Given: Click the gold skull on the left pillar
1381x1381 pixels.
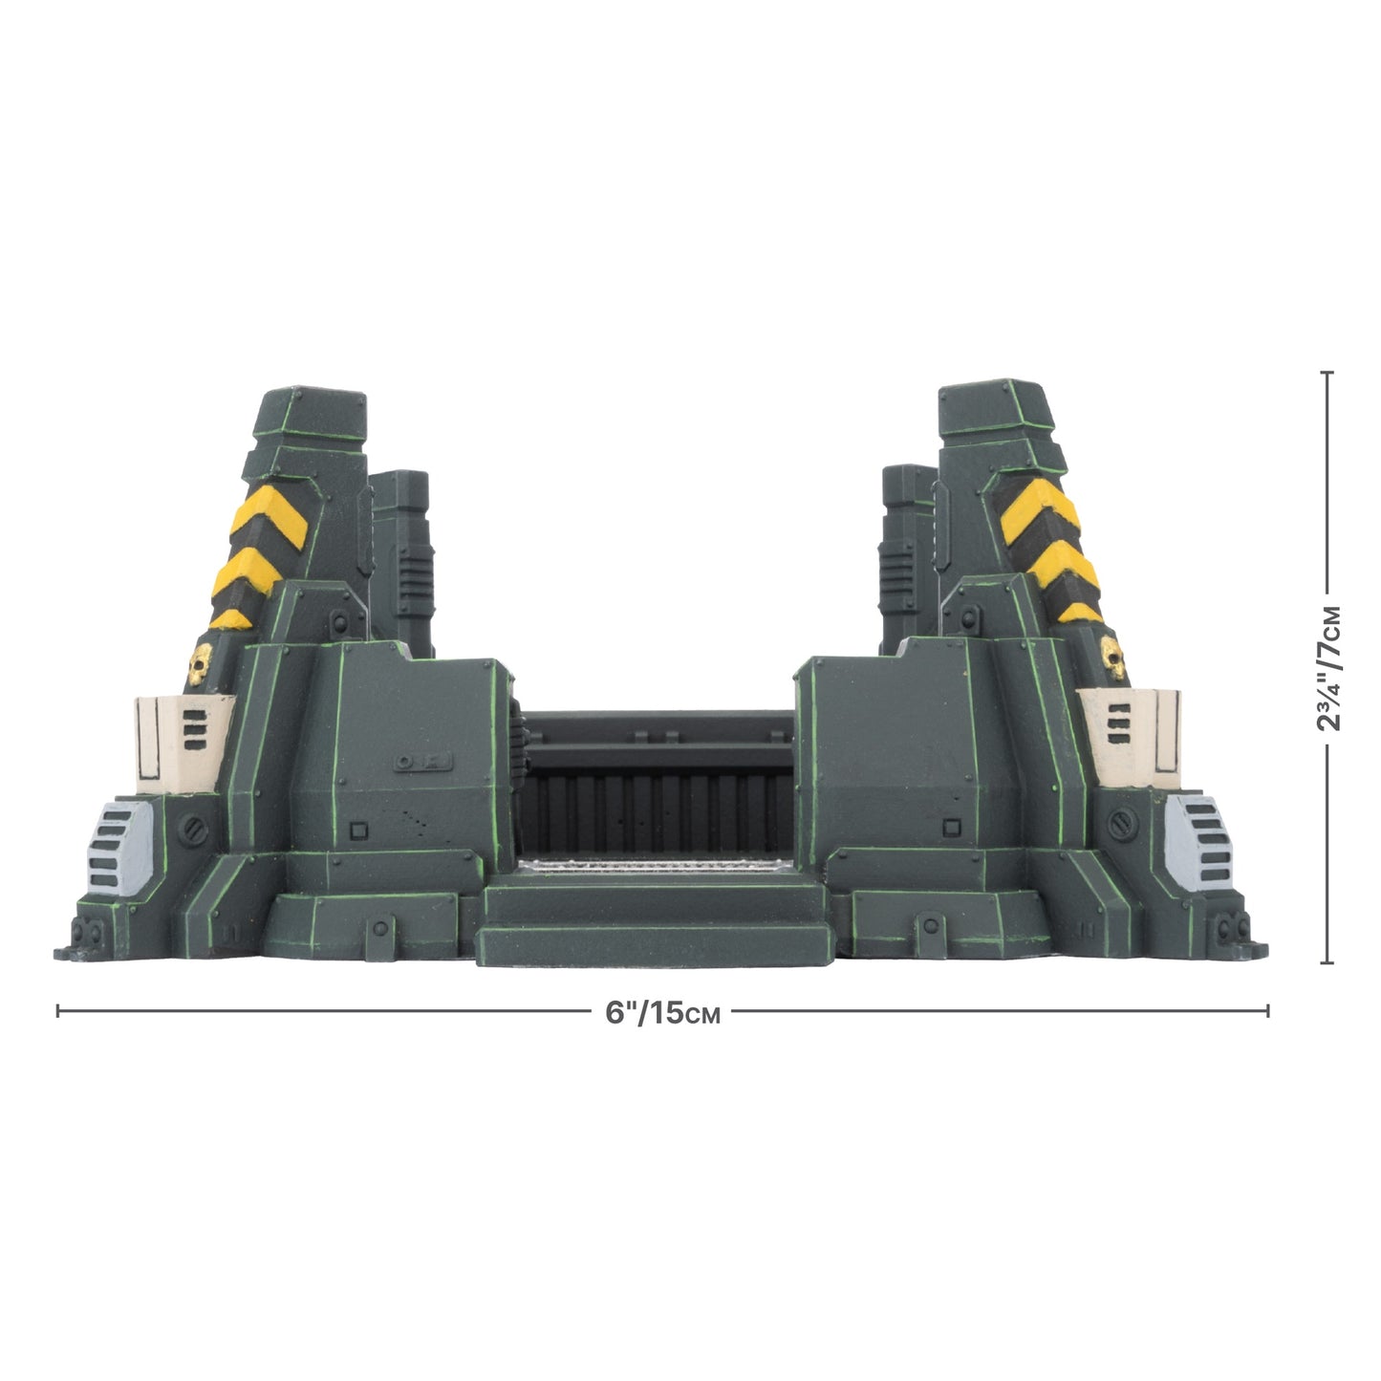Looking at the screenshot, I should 201,659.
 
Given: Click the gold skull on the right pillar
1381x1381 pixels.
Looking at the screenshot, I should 1113,655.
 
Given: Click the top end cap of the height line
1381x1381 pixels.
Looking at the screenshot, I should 1326,372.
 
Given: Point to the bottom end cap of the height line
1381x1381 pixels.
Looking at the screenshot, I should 1326,962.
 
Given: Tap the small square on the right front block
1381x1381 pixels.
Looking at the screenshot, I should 950,828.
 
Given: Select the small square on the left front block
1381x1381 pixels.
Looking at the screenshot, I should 359,830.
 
